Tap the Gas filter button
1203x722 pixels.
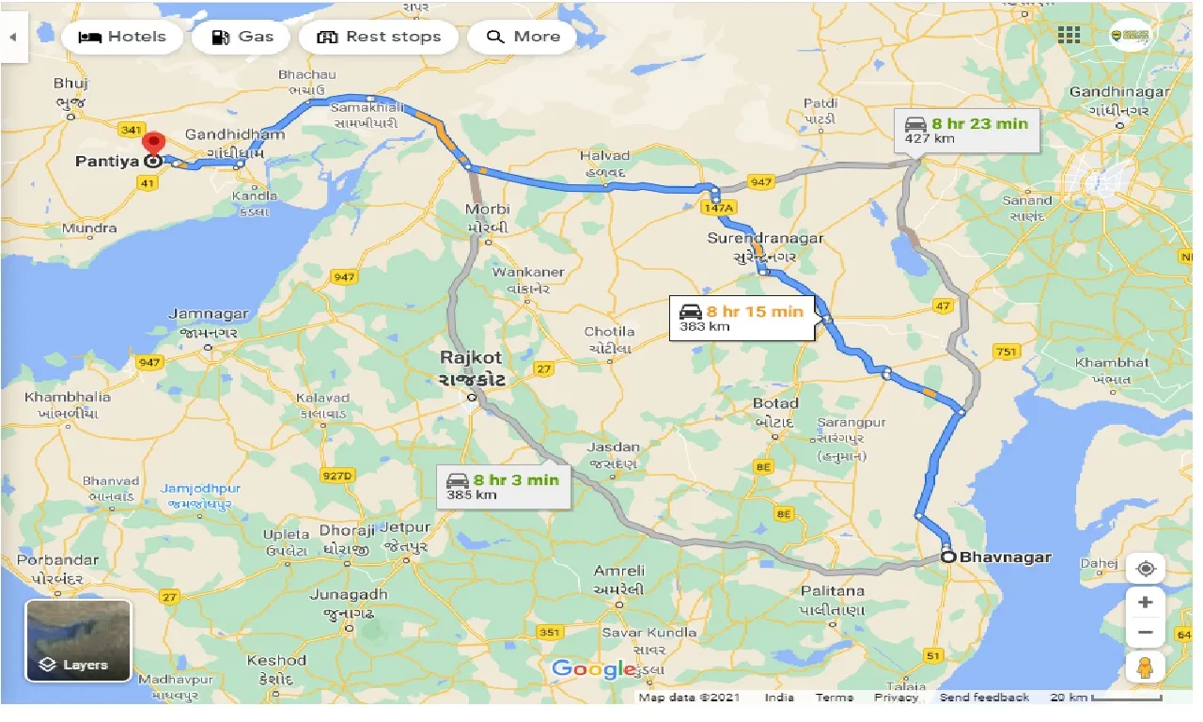point(242,37)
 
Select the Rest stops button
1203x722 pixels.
point(379,37)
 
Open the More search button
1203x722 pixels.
point(523,37)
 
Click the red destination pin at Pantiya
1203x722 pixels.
point(151,146)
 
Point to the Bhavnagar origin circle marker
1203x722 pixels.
point(948,557)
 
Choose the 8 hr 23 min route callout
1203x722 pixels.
point(967,131)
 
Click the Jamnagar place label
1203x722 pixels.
point(209,314)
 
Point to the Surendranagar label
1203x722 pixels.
point(765,239)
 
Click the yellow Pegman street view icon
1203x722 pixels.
point(1145,667)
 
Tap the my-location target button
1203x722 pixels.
point(1145,569)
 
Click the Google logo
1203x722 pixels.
point(594,668)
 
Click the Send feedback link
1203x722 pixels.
point(984,698)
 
